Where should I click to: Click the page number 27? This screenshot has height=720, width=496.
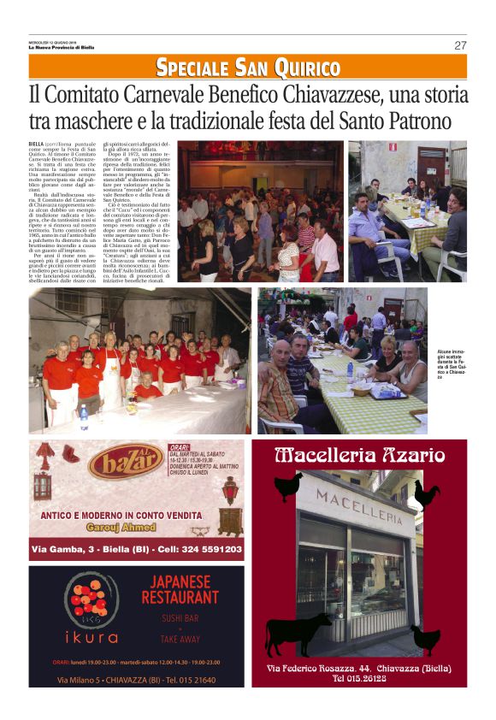[x=460, y=45]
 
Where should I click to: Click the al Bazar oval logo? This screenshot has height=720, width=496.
[x=126, y=463]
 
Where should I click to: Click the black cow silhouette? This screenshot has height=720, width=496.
[x=298, y=633]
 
